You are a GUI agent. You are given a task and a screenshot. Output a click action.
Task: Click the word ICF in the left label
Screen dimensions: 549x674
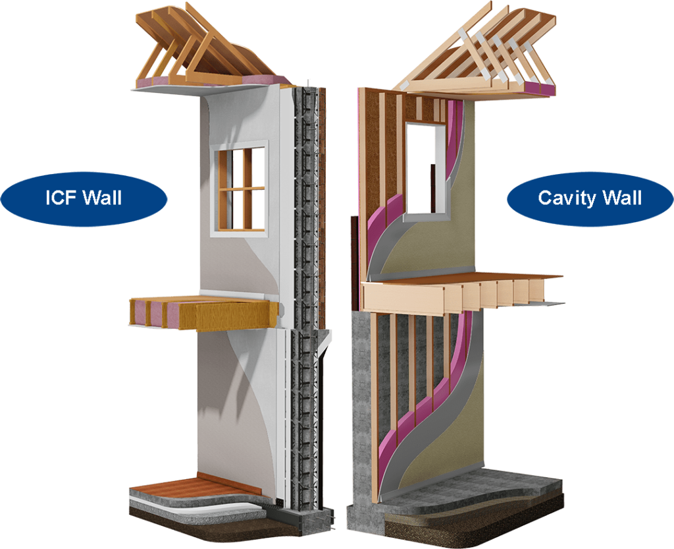tap(65, 198)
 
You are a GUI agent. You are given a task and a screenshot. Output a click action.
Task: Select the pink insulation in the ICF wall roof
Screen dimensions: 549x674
tap(165, 80)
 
